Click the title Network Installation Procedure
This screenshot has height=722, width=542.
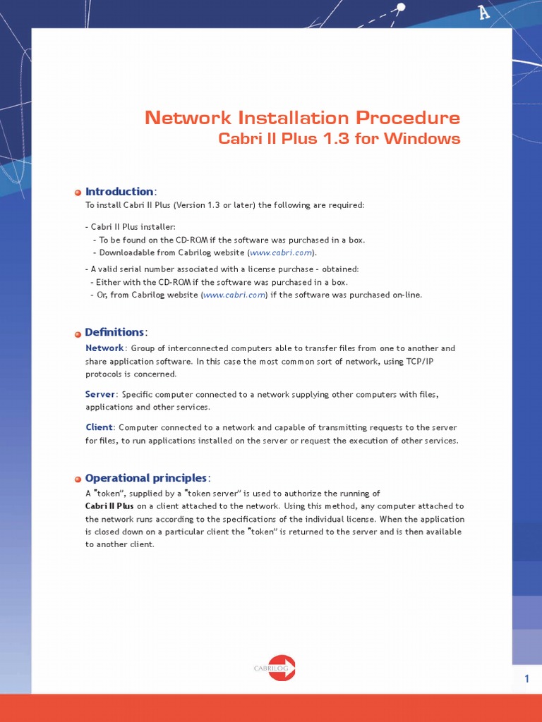coord(302,118)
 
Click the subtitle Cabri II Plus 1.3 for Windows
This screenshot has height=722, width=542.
coord(339,138)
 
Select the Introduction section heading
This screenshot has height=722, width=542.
coord(119,192)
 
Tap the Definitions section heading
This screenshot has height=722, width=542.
coord(114,332)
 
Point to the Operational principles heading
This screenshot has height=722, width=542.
coord(146,478)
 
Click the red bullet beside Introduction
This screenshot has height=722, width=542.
coord(78,192)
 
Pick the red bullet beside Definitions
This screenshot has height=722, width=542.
coord(78,333)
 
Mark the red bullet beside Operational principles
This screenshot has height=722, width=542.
coord(78,479)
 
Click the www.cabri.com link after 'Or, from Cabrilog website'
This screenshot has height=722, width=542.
coord(234,295)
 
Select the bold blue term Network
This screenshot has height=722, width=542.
coord(104,348)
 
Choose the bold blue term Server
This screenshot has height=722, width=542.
coord(100,394)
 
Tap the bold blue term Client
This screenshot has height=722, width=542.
coord(99,427)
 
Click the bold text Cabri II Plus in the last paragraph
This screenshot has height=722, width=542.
coord(109,506)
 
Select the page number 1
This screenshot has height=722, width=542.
coord(526,679)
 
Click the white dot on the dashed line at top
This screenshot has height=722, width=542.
coord(401,8)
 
